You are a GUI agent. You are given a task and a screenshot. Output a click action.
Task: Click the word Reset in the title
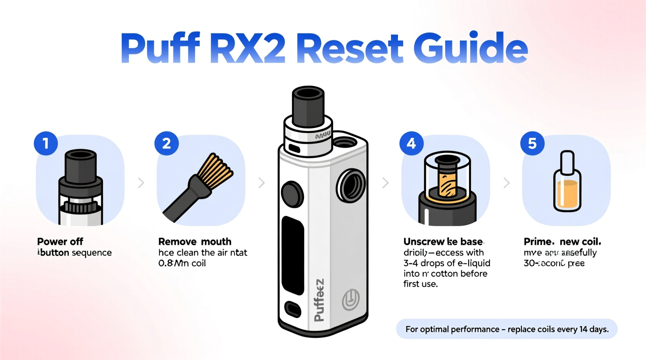click(352, 48)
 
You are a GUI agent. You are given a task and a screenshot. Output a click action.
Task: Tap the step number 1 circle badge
click(46, 143)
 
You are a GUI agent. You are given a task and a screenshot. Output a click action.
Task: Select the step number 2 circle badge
click(167, 143)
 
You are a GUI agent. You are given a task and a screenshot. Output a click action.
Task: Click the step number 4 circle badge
click(411, 143)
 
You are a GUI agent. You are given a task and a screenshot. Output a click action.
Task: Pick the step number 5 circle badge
click(532, 143)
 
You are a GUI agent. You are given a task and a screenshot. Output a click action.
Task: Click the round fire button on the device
click(292, 194)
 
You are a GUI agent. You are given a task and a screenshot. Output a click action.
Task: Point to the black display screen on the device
click(292, 255)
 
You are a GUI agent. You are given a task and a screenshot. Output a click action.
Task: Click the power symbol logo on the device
click(351, 299)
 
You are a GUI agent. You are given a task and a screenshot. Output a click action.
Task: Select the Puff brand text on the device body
click(319, 300)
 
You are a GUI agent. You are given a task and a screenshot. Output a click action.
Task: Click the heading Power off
click(60, 242)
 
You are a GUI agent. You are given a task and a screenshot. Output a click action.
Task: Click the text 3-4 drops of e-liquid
click(447, 263)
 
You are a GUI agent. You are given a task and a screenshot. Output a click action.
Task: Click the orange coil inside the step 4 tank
click(446, 185)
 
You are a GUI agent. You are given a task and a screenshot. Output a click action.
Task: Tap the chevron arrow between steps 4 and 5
click(506, 183)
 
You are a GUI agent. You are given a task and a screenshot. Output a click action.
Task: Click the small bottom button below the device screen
click(293, 309)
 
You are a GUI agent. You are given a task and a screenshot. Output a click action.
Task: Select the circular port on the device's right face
click(351, 186)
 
